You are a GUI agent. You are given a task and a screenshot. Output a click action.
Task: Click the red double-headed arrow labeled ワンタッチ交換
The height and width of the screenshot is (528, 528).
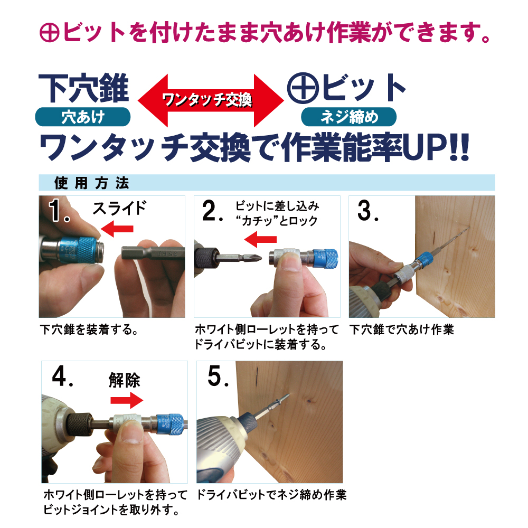211,100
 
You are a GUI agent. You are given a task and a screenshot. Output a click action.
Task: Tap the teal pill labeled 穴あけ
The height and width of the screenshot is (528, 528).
83,117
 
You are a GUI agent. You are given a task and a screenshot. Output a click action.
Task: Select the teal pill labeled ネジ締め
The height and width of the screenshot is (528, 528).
348,117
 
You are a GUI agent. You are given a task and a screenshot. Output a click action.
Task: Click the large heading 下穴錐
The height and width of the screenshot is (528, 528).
84,88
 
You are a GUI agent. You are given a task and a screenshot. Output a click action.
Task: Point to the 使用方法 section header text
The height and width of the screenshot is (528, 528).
91,183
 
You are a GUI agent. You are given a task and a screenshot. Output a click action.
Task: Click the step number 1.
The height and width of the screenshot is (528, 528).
59,211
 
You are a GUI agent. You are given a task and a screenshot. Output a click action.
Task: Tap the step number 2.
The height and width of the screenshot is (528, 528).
212,211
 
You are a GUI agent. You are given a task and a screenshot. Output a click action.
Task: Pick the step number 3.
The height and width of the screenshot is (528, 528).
368,211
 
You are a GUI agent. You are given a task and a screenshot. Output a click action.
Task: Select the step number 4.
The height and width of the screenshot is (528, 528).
63,376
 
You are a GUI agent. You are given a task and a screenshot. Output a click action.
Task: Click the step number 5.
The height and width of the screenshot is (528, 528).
218,376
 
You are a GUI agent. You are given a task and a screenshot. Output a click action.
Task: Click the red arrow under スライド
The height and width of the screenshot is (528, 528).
117,229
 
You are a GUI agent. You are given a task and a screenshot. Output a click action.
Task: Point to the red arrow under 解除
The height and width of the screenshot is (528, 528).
127,400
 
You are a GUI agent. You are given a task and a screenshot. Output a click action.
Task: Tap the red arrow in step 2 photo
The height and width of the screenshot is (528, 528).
260,239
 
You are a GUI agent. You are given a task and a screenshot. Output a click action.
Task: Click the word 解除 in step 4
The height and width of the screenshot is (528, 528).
124,381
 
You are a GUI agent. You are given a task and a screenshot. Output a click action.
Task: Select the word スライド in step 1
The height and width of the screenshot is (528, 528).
119,208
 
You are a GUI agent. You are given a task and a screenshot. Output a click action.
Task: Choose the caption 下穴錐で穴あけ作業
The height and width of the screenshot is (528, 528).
402,329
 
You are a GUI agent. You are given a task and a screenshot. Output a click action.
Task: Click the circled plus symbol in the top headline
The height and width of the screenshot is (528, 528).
50,33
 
